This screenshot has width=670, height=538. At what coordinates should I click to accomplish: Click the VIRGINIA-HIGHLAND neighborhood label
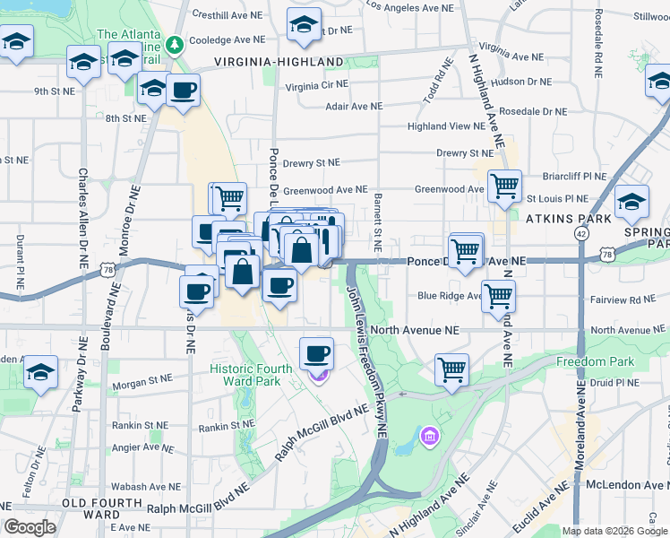point(279,62)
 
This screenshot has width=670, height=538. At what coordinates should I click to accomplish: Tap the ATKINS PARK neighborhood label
point(568,218)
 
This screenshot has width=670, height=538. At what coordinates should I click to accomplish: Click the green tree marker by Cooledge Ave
point(178,43)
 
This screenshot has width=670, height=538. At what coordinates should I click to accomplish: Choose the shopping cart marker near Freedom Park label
point(452,368)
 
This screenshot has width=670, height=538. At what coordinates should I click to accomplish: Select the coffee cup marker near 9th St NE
point(184,90)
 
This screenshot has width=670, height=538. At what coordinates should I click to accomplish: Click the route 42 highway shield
point(582,233)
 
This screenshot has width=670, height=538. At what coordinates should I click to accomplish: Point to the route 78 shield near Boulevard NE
point(107,269)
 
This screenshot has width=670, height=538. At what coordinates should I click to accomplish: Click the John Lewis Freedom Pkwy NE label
point(365,359)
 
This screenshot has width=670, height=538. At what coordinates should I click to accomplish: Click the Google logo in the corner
point(30,527)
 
